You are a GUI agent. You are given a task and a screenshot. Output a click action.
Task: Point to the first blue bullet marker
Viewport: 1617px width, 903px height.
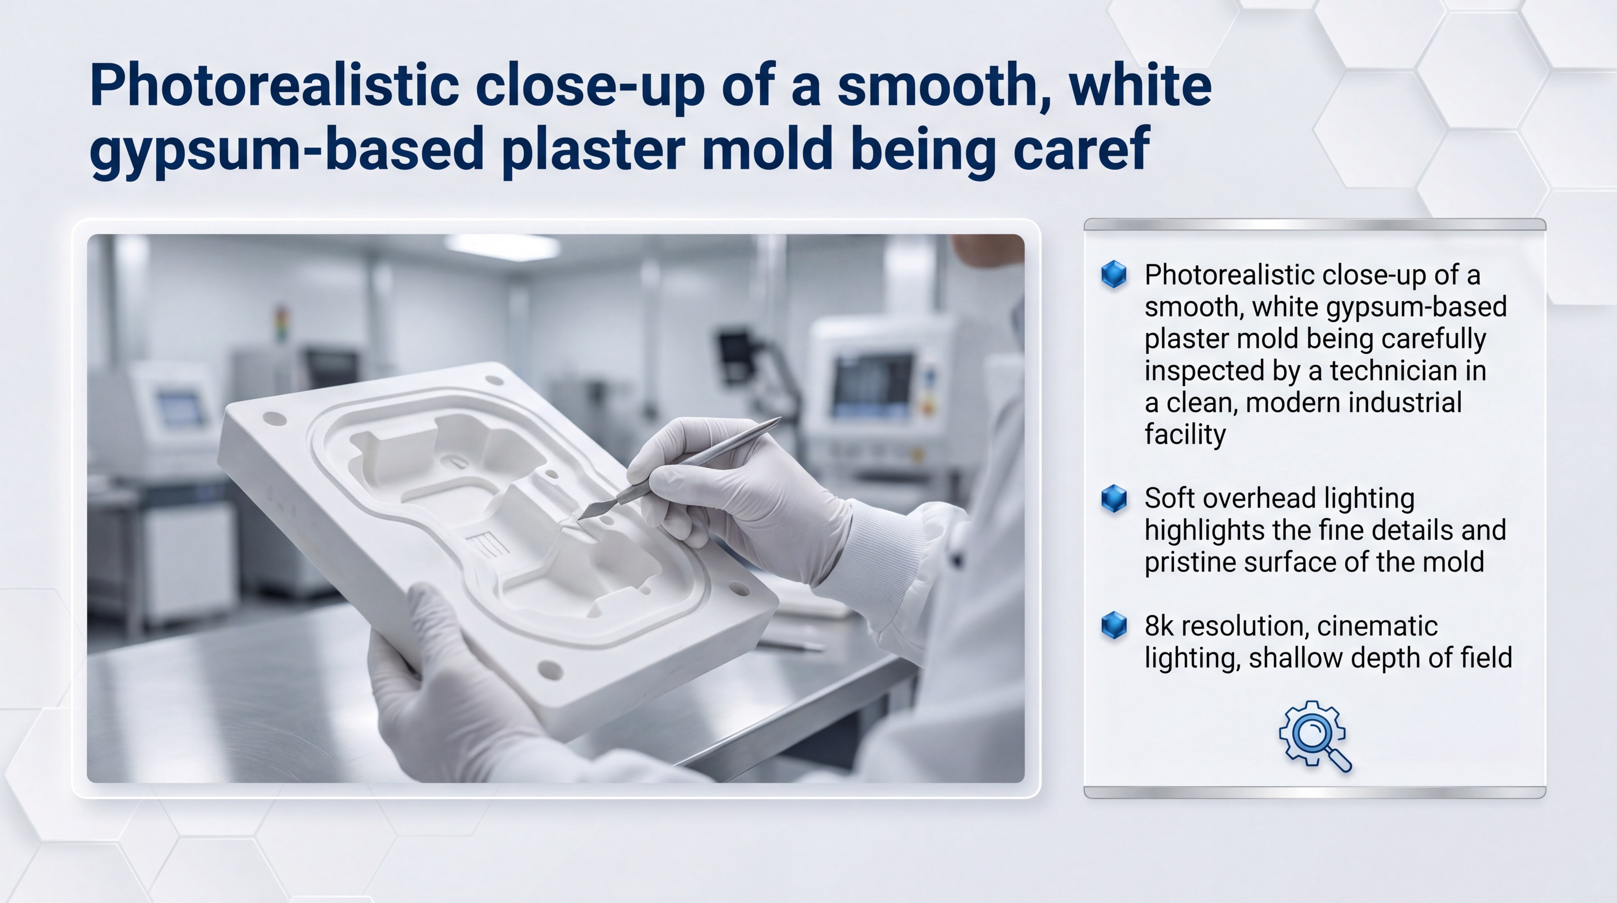click(1114, 275)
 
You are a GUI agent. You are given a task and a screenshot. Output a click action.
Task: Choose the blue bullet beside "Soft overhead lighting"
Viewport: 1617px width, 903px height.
click(1114, 498)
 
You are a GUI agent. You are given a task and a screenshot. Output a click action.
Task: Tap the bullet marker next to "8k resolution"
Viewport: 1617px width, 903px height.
click(1114, 625)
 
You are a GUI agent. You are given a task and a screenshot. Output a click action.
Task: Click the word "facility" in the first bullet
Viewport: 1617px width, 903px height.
click(1184, 435)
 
